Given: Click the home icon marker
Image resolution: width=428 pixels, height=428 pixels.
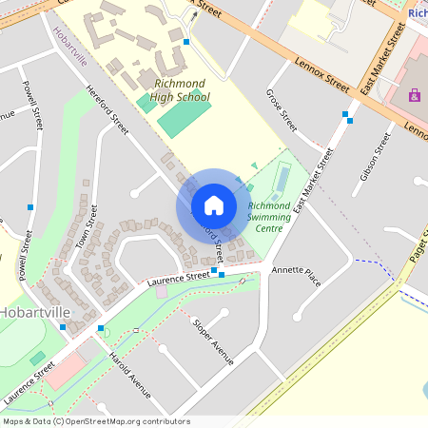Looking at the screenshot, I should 214,205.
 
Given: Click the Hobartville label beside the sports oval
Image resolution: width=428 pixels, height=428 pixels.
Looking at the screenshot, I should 31,311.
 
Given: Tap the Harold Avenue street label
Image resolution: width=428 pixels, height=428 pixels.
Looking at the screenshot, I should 130,370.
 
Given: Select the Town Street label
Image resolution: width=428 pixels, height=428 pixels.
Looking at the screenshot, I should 92,226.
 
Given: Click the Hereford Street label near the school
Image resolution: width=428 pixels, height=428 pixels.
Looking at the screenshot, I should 107,109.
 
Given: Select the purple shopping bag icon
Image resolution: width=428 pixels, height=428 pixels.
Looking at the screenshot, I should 414,95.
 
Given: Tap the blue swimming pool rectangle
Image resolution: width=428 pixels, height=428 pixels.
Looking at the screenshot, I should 282,178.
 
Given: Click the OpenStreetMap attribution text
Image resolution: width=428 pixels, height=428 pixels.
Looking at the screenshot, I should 95,421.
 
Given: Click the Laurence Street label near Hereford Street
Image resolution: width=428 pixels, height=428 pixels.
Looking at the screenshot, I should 178,278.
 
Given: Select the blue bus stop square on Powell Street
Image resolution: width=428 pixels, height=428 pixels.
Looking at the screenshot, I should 31,206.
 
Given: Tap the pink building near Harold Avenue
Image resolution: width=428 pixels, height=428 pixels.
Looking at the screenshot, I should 65,371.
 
